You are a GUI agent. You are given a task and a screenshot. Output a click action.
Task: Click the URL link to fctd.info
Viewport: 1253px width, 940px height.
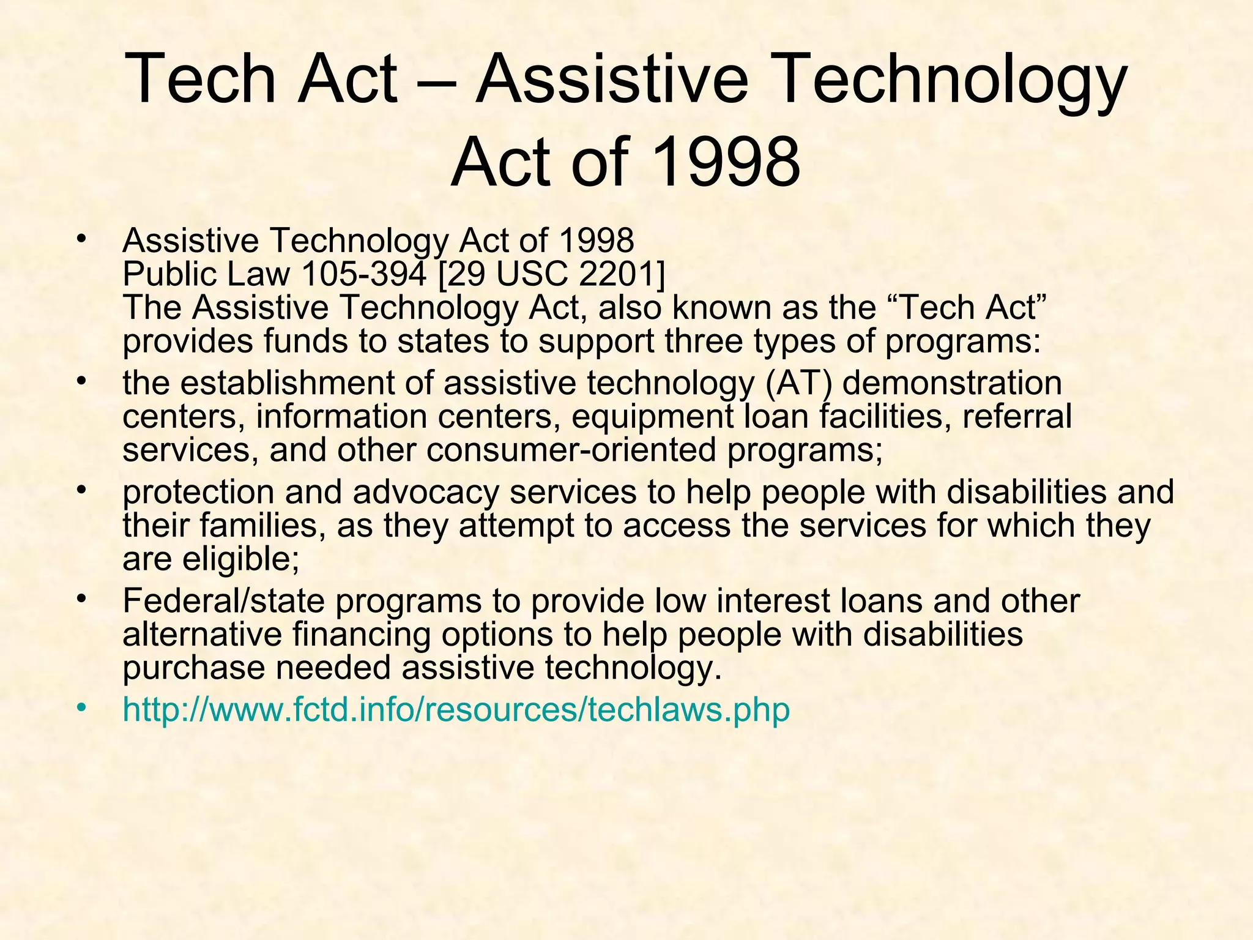[456, 710]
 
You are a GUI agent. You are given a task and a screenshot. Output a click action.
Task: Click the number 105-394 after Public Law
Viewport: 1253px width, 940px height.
[363, 274]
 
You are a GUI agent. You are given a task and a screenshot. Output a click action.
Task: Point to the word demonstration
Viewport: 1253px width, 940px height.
[952, 384]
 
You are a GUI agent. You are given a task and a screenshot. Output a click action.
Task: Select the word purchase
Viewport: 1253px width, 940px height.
[193, 668]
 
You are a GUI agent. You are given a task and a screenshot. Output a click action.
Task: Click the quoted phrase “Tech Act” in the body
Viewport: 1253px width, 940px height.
[967, 307]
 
